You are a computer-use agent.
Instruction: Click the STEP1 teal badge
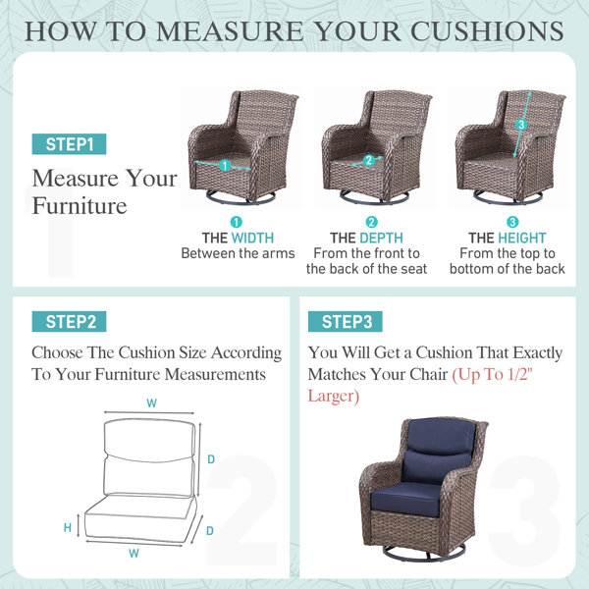click(x=69, y=144)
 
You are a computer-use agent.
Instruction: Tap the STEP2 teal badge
click(x=69, y=322)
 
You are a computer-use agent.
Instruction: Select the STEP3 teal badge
click(x=346, y=322)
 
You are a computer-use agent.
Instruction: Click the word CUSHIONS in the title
click(x=487, y=30)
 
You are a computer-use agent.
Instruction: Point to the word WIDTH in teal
click(x=252, y=238)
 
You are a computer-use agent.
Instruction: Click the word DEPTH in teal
click(x=381, y=238)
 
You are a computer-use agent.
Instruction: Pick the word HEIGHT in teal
click(x=522, y=238)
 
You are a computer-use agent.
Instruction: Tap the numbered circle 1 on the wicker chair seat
click(x=225, y=165)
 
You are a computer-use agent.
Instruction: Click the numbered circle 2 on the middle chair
click(x=369, y=160)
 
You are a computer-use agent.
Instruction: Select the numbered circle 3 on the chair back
click(x=521, y=125)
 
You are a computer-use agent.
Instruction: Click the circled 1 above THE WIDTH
click(x=237, y=222)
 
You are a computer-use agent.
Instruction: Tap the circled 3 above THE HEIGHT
click(x=512, y=222)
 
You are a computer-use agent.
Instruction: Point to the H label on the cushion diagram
click(x=68, y=528)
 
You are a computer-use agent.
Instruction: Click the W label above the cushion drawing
click(x=152, y=403)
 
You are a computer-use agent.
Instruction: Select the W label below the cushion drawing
click(x=134, y=553)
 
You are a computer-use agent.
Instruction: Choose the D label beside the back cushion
click(x=211, y=459)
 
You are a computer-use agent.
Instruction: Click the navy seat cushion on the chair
click(x=406, y=499)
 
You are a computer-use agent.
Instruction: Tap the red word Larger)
click(x=334, y=397)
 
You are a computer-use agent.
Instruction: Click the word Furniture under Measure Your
click(x=80, y=206)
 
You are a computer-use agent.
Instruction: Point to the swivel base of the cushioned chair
click(x=424, y=553)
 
